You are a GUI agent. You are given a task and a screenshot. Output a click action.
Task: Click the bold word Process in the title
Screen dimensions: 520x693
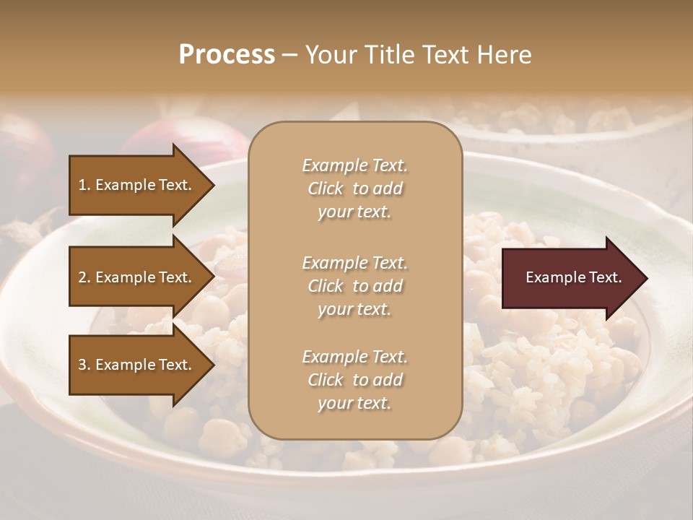(x=227, y=55)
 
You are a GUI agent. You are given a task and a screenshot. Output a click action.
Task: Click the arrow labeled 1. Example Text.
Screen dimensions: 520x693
(x=137, y=185)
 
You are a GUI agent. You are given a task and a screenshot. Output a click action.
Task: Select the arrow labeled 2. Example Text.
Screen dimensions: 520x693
(x=137, y=277)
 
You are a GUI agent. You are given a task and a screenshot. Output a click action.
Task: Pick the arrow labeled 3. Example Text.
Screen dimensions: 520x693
(x=137, y=365)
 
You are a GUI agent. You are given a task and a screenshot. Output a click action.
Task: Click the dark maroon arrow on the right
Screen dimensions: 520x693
(x=570, y=278)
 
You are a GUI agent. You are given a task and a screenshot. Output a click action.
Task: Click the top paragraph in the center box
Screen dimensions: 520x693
(x=354, y=188)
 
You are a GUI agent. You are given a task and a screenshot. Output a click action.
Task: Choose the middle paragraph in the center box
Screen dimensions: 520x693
(x=354, y=285)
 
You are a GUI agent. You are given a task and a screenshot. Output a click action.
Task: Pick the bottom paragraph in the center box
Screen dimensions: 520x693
(x=354, y=380)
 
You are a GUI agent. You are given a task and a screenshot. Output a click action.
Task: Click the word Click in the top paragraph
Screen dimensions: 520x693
(x=326, y=188)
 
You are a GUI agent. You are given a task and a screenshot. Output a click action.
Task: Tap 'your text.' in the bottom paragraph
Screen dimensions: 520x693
(x=354, y=403)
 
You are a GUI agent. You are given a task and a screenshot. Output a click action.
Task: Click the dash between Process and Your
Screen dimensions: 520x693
(x=289, y=55)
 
